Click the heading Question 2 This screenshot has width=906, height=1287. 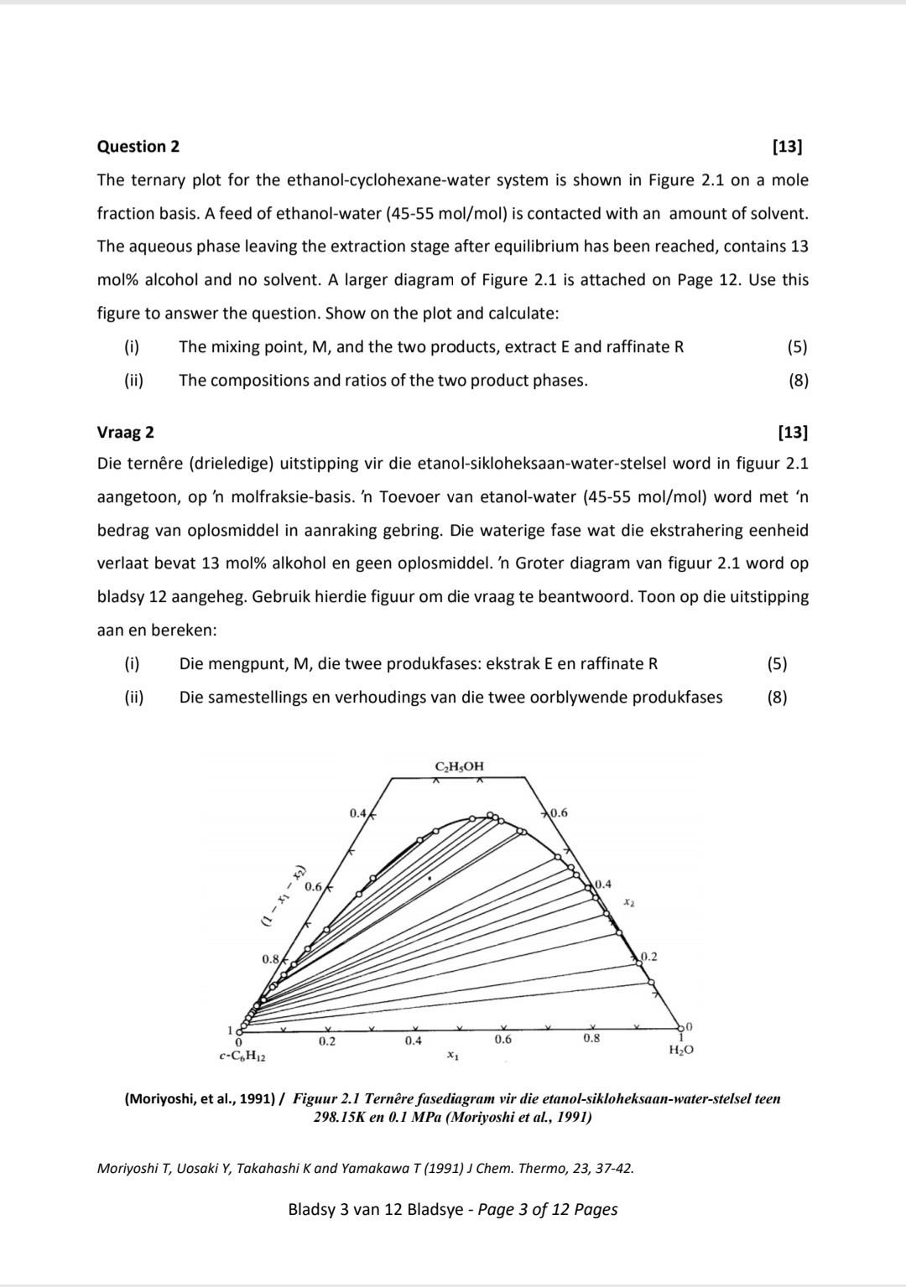(x=138, y=147)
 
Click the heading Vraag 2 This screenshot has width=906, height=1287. (x=126, y=433)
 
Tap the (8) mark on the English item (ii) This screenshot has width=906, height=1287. (x=798, y=381)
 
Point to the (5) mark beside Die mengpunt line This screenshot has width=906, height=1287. (x=777, y=664)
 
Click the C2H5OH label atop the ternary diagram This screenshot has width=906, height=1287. (x=459, y=766)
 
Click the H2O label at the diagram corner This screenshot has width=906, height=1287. (x=680, y=1050)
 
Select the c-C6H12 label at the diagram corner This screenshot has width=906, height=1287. (x=242, y=1056)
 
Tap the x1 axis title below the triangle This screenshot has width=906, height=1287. (x=452, y=1055)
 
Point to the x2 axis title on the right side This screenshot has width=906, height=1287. (x=630, y=902)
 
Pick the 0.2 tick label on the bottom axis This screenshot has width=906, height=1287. (x=326, y=1041)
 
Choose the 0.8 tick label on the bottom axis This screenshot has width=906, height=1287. (x=591, y=1038)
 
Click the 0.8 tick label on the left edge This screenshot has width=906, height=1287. (x=270, y=958)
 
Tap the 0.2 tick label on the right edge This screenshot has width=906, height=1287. (x=648, y=957)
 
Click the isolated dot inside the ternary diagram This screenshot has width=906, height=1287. (x=430, y=878)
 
